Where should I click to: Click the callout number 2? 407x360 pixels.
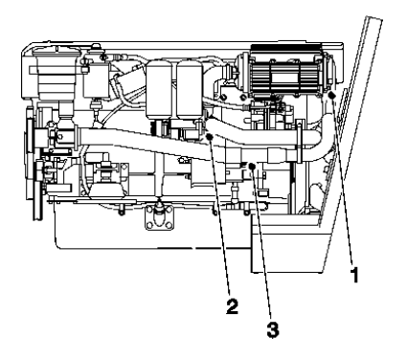tap(232, 307)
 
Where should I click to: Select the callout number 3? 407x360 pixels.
tap(272, 331)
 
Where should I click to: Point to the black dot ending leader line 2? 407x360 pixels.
tap(209, 138)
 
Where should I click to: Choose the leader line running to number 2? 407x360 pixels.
tap(220, 220)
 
